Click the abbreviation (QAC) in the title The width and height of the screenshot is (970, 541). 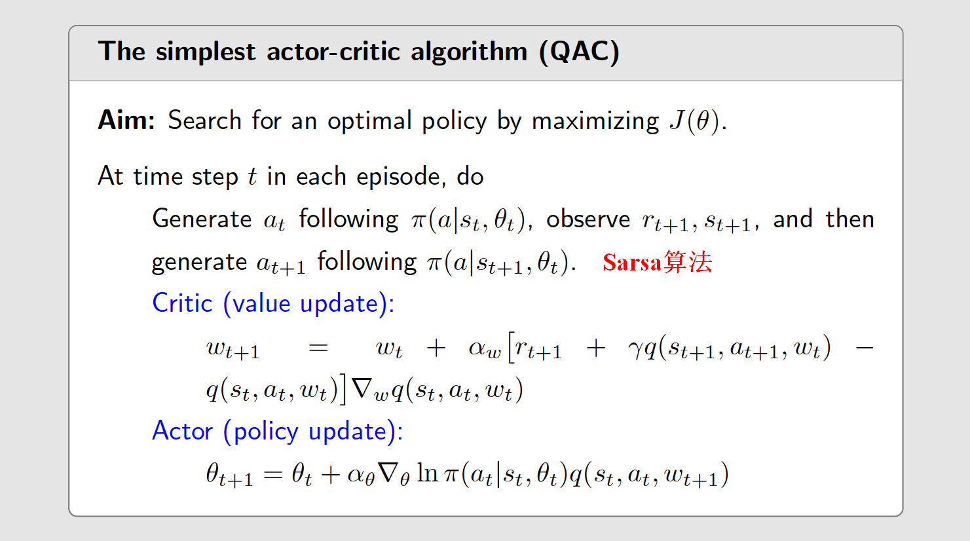579,52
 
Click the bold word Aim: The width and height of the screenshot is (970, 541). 126,121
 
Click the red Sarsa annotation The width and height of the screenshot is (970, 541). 657,262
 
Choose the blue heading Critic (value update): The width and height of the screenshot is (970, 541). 273,303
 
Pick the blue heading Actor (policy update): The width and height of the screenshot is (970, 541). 277,431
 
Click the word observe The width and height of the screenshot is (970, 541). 588,219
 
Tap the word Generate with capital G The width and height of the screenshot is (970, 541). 202,219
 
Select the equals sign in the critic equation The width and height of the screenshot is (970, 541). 318,347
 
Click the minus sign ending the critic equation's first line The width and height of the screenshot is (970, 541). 864,347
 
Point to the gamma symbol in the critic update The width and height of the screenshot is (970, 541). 635,348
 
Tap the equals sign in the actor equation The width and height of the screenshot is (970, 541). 272,474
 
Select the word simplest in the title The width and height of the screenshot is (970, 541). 205,52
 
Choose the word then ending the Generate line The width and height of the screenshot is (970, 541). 849,219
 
